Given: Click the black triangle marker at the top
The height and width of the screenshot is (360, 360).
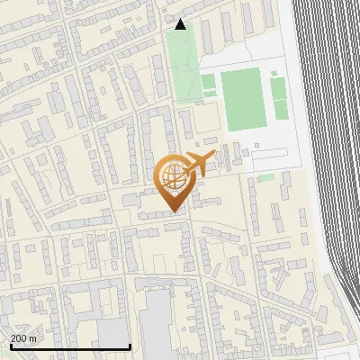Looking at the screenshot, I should [x=181, y=24].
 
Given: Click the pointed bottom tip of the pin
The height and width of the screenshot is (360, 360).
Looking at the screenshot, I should [x=174, y=212].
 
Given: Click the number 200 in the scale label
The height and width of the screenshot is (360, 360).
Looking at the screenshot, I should [x=19, y=337].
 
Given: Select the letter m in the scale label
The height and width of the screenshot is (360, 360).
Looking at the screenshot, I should [x=32, y=337].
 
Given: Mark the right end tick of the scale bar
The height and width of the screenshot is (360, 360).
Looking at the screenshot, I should [x=130, y=346].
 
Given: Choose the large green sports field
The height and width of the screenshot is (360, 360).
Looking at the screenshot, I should [x=241, y=99].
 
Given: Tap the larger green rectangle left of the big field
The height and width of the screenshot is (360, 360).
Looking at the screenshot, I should [x=208, y=85].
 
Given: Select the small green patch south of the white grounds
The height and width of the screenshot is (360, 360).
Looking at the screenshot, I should [x=266, y=177].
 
